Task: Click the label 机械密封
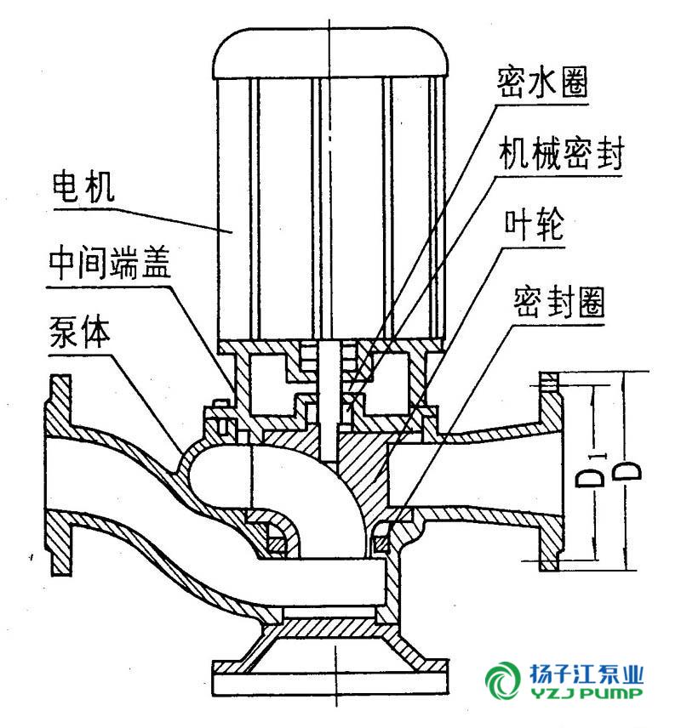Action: tap(561, 155)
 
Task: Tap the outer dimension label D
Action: tap(628, 472)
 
